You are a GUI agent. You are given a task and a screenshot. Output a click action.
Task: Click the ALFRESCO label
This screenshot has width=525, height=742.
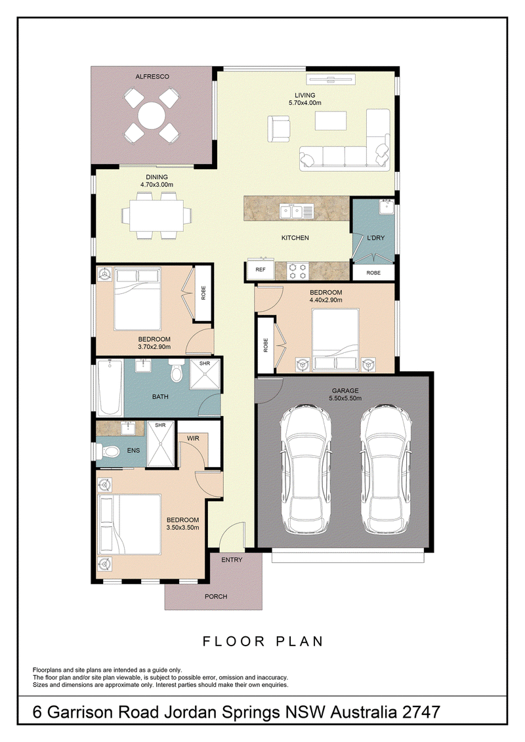click(152, 76)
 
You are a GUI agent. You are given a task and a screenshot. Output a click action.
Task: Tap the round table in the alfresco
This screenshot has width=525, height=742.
click(152, 116)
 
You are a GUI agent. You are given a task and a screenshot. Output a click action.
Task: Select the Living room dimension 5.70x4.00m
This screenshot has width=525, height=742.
click(305, 103)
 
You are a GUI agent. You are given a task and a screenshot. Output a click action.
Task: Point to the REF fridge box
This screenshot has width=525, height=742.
click(261, 270)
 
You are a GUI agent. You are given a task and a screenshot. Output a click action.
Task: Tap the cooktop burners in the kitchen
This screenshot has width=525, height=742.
click(297, 270)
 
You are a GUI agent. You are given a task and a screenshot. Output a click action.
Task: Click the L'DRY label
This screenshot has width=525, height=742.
click(376, 237)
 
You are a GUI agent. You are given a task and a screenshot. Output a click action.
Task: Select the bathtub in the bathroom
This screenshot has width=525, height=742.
click(110, 388)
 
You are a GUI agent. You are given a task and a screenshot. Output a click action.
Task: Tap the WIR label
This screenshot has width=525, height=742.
click(193, 438)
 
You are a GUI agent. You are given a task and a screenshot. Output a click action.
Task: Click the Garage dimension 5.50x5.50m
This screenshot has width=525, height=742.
click(345, 398)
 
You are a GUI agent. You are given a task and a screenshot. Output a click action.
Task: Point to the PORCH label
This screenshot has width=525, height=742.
click(216, 596)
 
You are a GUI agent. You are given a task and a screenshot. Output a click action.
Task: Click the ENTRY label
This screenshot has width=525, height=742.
click(232, 560)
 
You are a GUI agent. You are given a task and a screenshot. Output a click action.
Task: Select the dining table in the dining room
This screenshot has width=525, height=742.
click(157, 215)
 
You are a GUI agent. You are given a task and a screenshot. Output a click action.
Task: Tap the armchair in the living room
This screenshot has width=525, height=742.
click(279, 129)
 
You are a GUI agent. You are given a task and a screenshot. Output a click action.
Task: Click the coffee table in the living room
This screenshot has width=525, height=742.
click(331, 121)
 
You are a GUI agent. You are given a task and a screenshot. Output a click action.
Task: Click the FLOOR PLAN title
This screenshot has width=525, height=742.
click(262, 641)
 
